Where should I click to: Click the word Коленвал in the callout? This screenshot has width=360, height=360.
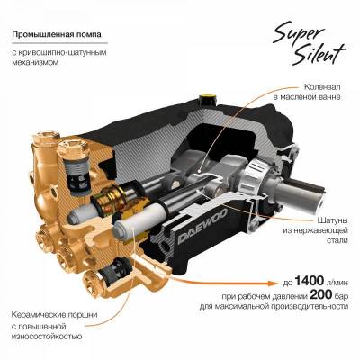(320, 86)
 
